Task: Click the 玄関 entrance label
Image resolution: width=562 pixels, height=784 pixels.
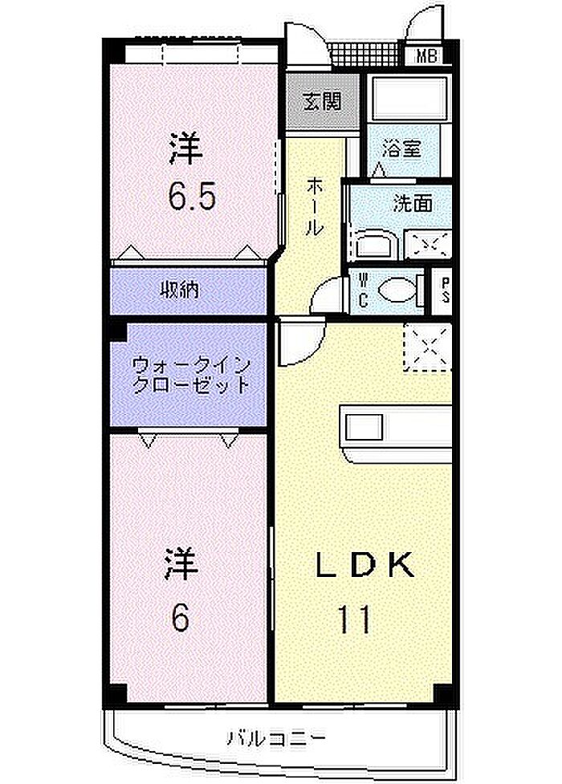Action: point(322,102)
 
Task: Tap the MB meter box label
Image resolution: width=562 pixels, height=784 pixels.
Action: point(427,55)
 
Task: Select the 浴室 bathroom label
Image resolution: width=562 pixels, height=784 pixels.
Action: point(402,148)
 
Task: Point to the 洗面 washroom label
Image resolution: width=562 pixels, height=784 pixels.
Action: point(413,204)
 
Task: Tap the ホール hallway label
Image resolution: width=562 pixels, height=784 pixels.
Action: point(315,206)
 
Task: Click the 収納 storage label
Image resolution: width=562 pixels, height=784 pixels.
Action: point(179,290)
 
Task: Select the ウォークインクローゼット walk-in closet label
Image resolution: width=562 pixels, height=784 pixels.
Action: point(190,375)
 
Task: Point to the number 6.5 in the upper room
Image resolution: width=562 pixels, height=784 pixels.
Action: point(192,196)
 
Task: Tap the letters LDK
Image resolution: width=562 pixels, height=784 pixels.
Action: point(364,565)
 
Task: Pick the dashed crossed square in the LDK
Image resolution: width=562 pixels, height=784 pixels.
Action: point(428,347)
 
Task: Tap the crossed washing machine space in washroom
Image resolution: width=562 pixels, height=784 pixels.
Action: point(428,245)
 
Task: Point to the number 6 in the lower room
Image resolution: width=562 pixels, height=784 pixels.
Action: point(180,618)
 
